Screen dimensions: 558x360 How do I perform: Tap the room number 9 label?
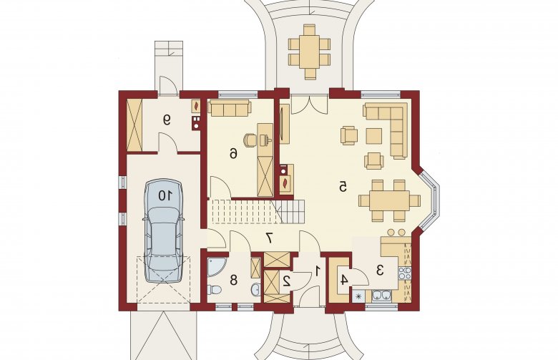click(x=166, y=120)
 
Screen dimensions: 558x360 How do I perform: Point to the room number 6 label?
click(x=233, y=154)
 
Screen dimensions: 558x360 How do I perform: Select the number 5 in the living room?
click(x=343, y=186)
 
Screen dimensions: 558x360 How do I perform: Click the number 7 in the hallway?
click(x=270, y=238)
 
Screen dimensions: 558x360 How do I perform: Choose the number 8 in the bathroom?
click(x=233, y=280)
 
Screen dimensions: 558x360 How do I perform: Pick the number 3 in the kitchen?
click(x=380, y=271)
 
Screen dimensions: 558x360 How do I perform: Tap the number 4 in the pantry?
click(x=343, y=280)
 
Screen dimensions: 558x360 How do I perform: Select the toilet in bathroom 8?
click(x=214, y=289)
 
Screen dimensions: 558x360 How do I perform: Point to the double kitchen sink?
click(x=381, y=295)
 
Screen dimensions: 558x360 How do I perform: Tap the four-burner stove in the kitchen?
click(x=405, y=273)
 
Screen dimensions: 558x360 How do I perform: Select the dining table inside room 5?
click(x=389, y=200)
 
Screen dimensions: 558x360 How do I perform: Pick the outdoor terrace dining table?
click(x=310, y=51)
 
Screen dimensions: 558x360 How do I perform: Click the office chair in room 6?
click(x=250, y=140)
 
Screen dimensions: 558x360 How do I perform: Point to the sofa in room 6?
click(x=230, y=108)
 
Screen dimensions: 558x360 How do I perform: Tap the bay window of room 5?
click(x=431, y=200)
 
